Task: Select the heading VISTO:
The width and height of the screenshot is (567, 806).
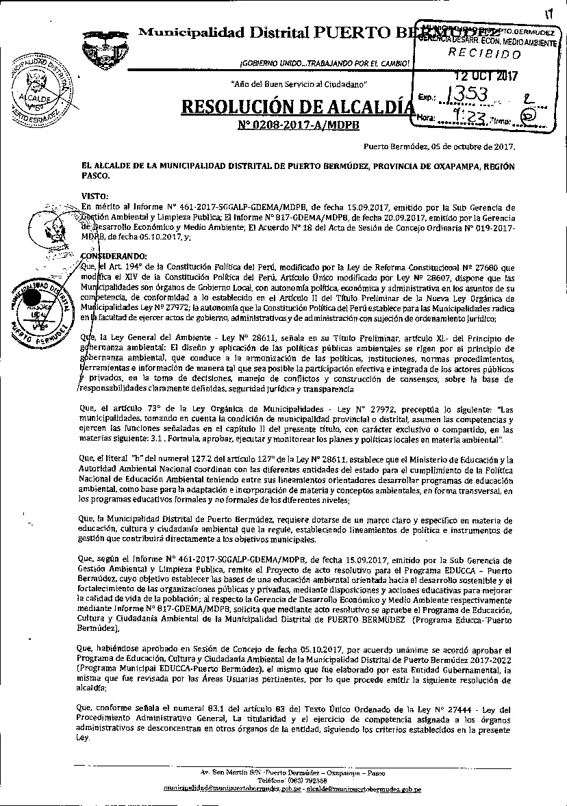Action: point(94,195)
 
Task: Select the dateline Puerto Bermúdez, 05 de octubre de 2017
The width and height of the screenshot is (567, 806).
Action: point(439,146)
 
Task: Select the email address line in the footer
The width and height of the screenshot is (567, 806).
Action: point(292,788)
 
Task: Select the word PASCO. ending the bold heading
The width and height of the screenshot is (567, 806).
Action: point(95,175)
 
